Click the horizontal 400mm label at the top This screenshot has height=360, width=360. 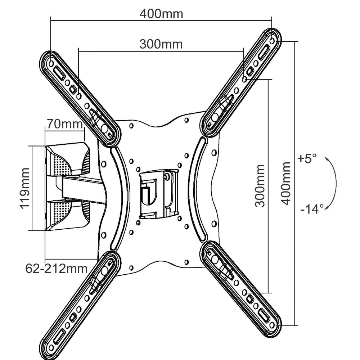[x=161, y=14]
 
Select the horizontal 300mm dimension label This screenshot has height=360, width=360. [x=161, y=44]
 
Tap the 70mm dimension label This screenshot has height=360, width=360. [x=65, y=124]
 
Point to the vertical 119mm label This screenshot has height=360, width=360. [x=25, y=188]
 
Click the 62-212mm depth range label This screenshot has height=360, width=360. [x=57, y=269]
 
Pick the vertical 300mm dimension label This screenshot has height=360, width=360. [x=260, y=186]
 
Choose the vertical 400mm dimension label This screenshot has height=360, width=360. [x=285, y=183]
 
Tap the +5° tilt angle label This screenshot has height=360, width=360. [x=306, y=158]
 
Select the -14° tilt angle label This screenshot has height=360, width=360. [x=312, y=209]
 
